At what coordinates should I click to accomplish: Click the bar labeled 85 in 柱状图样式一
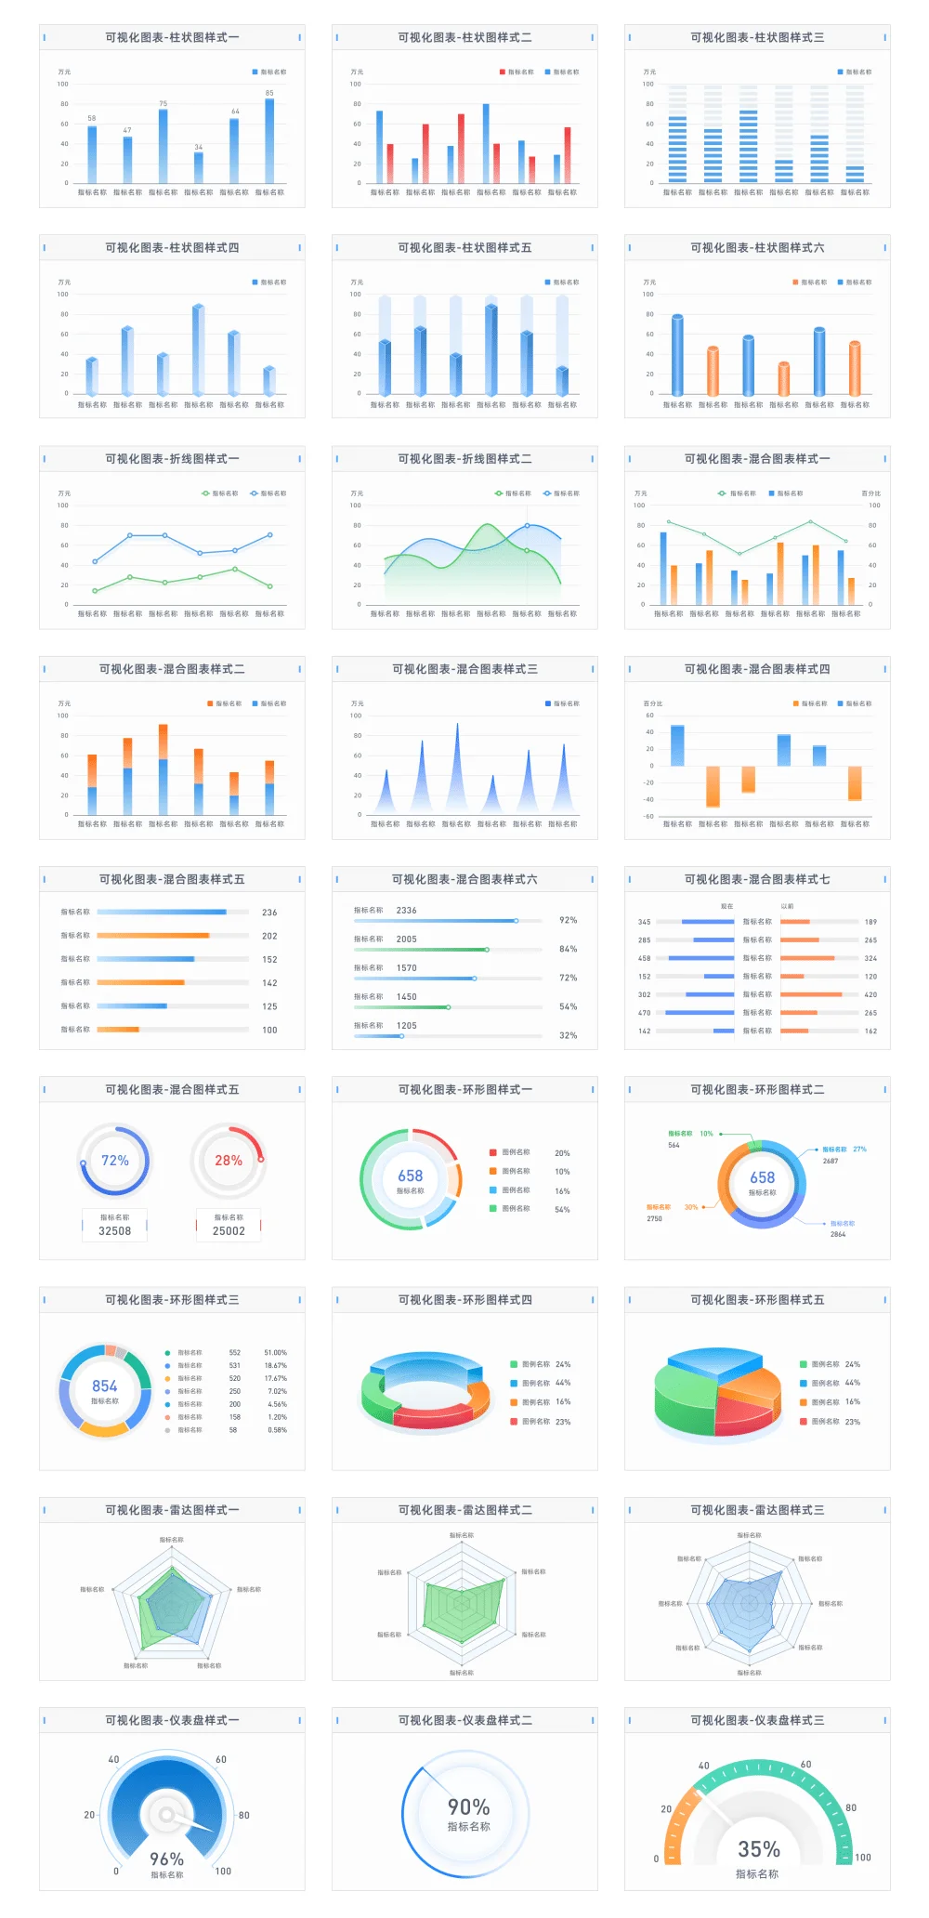click(269, 140)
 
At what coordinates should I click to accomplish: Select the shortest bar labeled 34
click(199, 167)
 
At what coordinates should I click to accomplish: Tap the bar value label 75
click(164, 104)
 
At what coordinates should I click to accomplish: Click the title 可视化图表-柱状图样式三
click(757, 37)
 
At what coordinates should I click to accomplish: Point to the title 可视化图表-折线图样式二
click(464, 459)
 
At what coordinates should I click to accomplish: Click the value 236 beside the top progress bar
click(269, 913)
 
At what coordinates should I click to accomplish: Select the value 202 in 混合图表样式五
click(269, 937)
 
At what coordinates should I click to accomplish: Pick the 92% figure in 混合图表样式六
click(568, 920)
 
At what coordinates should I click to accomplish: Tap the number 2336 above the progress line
click(406, 911)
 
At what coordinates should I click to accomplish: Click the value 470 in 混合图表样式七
click(644, 1013)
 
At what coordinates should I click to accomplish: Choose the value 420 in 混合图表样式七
click(870, 995)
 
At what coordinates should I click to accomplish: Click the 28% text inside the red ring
click(229, 1161)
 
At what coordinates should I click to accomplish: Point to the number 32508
click(115, 1231)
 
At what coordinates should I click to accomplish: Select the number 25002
click(229, 1231)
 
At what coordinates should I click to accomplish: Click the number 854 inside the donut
click(104, 1386)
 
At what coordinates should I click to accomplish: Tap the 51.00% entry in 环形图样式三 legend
click(275, 1353)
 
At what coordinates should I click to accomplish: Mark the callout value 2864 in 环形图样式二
click(838, 1234)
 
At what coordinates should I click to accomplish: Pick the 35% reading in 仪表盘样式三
click(759, 1849)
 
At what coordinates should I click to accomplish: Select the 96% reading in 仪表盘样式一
click(167, 1859)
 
